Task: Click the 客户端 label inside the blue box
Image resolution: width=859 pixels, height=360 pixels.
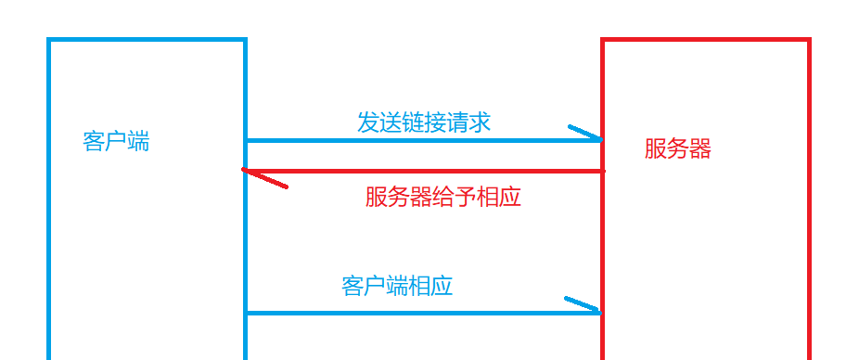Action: pyautogui.click(x=116, y=142)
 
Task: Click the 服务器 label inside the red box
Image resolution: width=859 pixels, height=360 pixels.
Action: pyautogui.click(x=677, y=148)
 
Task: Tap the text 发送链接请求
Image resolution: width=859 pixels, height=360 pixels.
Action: pyautogui.click(x=424, y=122)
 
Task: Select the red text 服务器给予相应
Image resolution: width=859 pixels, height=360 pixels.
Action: pyautogui.click(x=442, y=197)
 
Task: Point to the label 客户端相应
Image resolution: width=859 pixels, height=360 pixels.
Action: pyautogui.click(x=396, y=285)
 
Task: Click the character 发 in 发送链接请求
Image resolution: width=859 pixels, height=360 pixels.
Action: pyautogui.click(x=368, y=122)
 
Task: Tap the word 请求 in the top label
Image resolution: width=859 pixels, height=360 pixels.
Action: pyautogui.click(x=468, y=122)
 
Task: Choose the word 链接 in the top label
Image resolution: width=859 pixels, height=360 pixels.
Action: pyautogui.click(x=413, y=122)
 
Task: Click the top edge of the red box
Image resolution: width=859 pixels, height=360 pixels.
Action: pyautogui.click(x=705, y=40)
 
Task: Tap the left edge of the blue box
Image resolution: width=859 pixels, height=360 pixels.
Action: pyautogui.click(x=49, y=204)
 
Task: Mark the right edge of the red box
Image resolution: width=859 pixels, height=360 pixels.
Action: pyautogui.click(x=809, y=204)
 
